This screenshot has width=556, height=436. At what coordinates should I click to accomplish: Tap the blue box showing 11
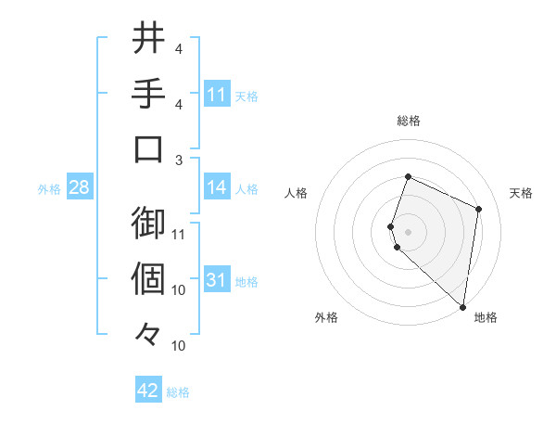(217, 94)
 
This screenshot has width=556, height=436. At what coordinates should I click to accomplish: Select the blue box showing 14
(217, 187)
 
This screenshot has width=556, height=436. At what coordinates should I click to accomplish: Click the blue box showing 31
(217, 280)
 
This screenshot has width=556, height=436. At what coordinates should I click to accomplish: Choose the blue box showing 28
(79, 187)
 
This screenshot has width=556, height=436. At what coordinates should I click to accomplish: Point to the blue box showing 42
(148, 391)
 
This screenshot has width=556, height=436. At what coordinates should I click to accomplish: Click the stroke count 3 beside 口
(179, 160)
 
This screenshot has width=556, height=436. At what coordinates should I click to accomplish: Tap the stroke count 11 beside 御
(179, 234)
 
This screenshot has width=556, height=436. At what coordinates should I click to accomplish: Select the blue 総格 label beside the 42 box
(179, 392)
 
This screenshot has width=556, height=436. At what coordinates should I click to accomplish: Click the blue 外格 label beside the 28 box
(49, 189)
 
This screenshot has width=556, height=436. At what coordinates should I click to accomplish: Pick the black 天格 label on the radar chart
(521, 193)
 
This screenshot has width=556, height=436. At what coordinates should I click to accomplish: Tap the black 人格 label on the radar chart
(297, 193)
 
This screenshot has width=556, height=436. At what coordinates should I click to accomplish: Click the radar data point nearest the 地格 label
(462, 307)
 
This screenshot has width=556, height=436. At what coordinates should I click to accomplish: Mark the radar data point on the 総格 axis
(408, 177)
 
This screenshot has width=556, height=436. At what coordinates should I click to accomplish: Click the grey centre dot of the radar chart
(408, 230)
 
